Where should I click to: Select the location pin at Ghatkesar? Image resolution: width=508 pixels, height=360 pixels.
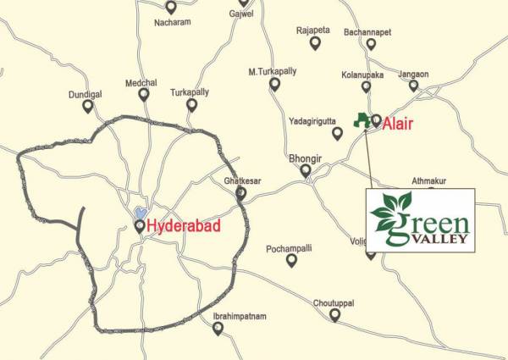(240, 194)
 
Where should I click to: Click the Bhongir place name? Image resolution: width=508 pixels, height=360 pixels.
(306, 158)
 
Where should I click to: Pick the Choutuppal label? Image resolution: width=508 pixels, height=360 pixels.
(336, 302)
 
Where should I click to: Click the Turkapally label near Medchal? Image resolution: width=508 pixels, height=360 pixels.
(190, 91)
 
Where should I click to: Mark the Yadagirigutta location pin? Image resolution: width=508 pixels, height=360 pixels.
(337, 133)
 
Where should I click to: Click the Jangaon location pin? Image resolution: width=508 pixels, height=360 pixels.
(414, 86)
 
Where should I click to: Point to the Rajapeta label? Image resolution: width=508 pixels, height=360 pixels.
(313, 30)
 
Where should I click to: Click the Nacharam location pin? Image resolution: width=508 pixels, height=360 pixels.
(171, 7)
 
